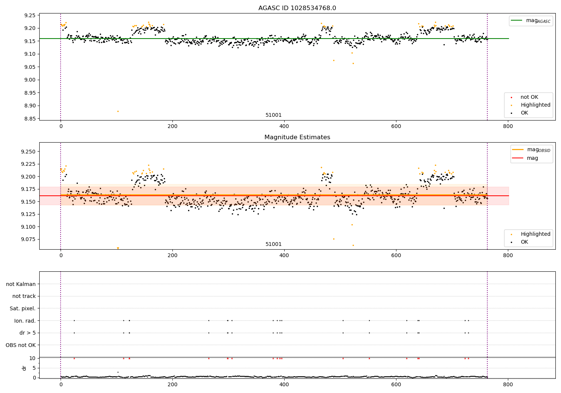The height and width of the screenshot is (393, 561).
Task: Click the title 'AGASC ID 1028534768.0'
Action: point(297,8)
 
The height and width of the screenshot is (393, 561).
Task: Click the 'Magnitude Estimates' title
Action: point(297,137)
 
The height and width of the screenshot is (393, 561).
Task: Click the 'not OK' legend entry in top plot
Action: point(529,97)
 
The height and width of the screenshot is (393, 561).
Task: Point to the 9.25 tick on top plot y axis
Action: point(30,15)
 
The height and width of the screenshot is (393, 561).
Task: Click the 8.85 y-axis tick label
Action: point(30,119)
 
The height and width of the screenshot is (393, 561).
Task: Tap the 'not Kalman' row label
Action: point(21,284)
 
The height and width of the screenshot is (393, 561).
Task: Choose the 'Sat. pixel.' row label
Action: point(22,308)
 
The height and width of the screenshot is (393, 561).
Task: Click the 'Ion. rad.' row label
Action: point(25,321)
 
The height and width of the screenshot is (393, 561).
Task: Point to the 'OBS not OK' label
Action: point(21,345)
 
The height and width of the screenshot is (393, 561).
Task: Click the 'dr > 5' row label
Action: point(27,333)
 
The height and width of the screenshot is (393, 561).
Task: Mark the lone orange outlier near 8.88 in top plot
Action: point(118,111)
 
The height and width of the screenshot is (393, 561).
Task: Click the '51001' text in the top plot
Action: point(273,115)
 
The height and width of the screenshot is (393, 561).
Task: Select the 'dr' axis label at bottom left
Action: point(24,368)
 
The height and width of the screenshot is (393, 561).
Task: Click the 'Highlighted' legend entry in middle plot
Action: point(535,234)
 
